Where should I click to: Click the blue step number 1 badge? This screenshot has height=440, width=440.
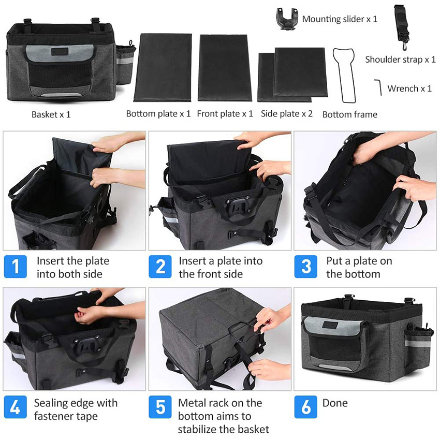tap(16, 267)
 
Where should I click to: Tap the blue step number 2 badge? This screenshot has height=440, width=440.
tap(160, 267)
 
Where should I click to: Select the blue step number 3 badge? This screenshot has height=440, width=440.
tap(305, 267)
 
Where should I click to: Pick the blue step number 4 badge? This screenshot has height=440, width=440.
tap(16, 407)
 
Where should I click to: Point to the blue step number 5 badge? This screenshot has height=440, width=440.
tap(160, 407)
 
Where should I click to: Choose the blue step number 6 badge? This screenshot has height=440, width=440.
tap(305, 407)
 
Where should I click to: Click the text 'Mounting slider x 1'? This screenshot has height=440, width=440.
tap(340, 19)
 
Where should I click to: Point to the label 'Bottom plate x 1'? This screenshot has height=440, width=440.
tap(158, 114)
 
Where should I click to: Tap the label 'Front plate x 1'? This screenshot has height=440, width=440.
tap(225, 114)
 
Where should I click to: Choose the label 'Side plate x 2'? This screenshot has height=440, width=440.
tap(287, 114)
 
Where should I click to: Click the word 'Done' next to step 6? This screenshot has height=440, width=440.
tap(335, 403)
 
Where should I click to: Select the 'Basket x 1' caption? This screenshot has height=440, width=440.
tap(51, 114)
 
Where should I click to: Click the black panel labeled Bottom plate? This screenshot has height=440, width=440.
tap(163, 67)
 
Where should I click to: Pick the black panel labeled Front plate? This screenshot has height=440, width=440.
tap(225, 67)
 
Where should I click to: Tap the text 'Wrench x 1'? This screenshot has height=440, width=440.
tap(409, 89)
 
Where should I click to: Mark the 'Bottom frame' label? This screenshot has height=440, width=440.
tap(350, 114)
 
